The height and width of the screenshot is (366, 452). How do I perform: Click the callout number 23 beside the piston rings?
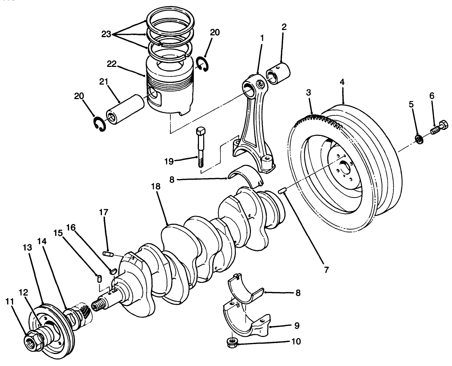(106, 34)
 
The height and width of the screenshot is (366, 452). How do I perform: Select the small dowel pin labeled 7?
(282, 191)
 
